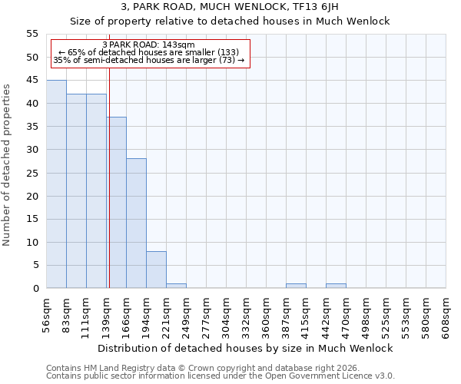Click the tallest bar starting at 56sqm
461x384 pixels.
pos(56,184)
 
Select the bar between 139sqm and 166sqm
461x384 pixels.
pos(116,203)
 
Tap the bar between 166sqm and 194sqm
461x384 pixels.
pos(136,223)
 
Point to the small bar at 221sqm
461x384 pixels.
pos(176,286)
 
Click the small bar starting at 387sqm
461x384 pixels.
pos(296,286)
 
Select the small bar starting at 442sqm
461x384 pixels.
pos(336,286)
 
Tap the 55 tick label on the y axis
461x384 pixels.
pos(32,34)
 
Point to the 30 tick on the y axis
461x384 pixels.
pos(32,150)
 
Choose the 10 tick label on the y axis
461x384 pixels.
pos(32,242)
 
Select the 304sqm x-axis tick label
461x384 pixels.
pos(227,315)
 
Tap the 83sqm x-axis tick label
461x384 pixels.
pos(67,315)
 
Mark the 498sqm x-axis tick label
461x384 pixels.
pos(366,315)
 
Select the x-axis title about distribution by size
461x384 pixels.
pos(246,348)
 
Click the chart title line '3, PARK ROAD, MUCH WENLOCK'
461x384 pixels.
pos(230,6)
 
